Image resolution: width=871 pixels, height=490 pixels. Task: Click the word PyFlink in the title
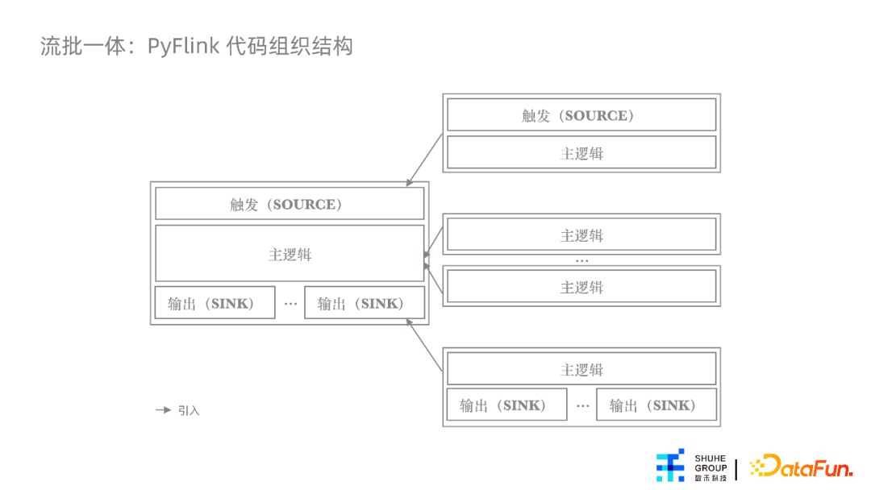[x=183, y=47]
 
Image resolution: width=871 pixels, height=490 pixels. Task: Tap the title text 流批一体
[x=83, y=46]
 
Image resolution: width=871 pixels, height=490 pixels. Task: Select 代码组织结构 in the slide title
[x=290, y=46]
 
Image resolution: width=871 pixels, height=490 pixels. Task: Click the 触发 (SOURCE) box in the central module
[x=290, y=204]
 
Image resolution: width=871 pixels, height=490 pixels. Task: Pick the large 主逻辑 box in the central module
[x=290, y=254]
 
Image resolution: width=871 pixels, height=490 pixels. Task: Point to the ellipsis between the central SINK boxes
[x=290, y=304]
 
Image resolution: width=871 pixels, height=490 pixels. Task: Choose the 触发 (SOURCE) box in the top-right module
[x=581, y=115]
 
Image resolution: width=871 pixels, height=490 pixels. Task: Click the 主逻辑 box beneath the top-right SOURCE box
[x=581, y=152]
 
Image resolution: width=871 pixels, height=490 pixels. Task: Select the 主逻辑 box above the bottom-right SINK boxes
[x=581, y=369]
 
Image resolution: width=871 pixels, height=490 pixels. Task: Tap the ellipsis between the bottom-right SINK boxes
[x=582, y=405]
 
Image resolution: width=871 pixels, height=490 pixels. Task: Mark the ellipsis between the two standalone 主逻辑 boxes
[x=581, y=260]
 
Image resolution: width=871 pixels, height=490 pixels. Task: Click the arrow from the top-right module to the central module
[x=424, y=160]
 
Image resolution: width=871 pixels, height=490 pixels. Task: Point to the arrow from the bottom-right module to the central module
[x=424, y=345]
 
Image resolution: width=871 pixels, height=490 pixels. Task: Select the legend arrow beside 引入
[x=163, y=410]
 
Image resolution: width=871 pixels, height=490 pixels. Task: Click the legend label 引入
[x=189, y=411]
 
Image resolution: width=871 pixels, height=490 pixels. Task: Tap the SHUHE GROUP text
[x=711, y=463]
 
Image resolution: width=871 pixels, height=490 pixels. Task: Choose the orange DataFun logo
[x=801, y=466]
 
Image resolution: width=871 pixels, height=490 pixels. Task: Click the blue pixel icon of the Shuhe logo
[x=670, y=466]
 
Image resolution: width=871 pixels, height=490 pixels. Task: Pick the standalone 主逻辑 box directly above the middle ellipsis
[x=581, y=235]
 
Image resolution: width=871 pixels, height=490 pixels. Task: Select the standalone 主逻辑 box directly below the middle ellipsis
[x=581, y=286]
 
